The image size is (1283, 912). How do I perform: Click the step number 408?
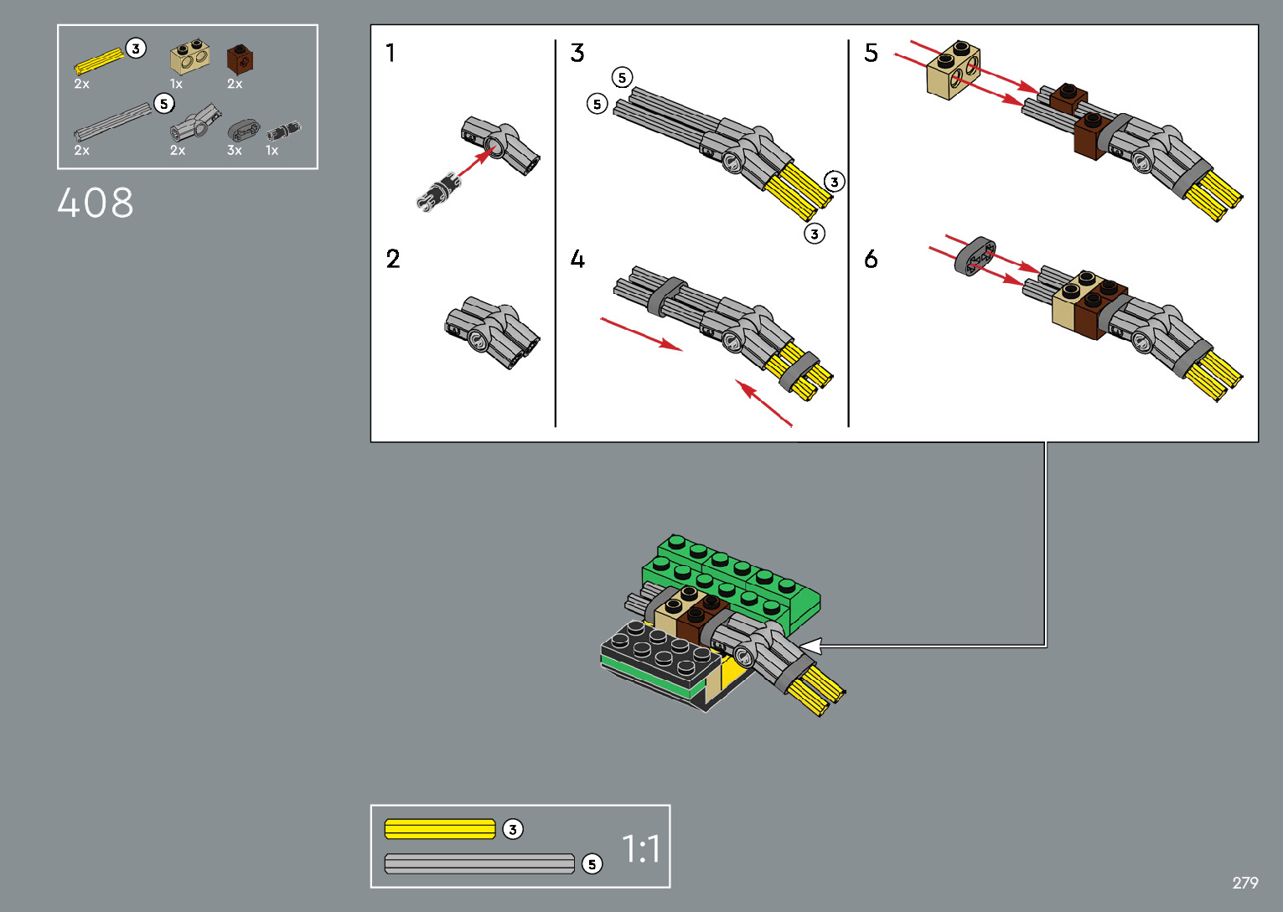point(95,203)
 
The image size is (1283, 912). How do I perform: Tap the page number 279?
point(1245,882)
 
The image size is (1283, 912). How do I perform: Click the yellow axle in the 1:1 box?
point(440,829)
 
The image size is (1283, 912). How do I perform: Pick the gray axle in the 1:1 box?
point(479,864)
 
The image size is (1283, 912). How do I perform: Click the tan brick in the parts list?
point(189,58)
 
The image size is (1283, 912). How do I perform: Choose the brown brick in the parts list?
point(240,59)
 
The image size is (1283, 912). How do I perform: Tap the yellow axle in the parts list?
point(99,61)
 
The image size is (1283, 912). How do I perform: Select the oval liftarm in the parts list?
point(243,130)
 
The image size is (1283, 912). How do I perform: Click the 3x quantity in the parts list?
point(235,151)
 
